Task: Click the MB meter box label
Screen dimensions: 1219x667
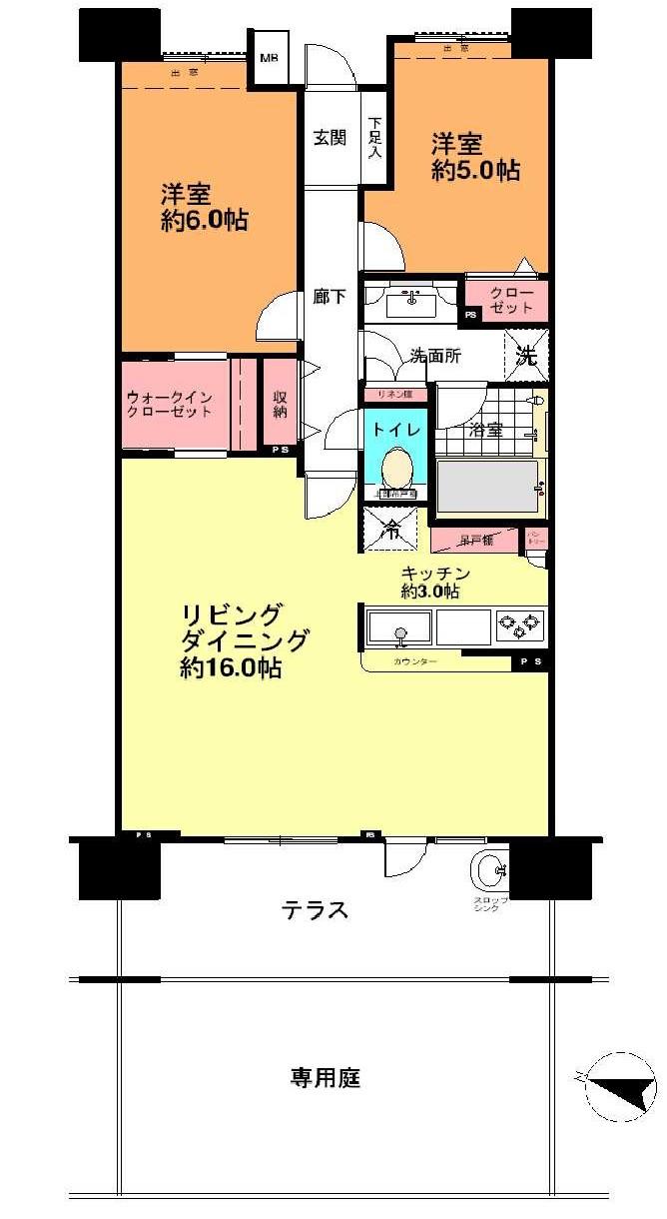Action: coord(270,58)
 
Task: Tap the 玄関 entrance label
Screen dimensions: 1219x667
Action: coord(331,138)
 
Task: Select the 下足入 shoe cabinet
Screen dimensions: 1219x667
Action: coord(374,138)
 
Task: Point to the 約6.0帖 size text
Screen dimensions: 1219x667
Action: coord(205,220)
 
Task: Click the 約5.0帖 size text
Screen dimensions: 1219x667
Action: coord(474,170)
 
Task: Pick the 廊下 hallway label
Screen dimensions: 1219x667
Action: coord(330,297)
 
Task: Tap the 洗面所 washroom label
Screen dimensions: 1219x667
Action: coord(435,356)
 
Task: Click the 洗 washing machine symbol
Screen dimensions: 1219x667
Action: coord(525,355)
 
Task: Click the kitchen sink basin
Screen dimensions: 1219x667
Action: coord(400,627)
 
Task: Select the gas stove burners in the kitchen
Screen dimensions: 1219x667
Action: coord(519,626)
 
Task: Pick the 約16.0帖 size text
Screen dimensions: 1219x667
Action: coord(231,668)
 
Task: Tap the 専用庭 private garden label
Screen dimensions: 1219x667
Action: coord(326,1078)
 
